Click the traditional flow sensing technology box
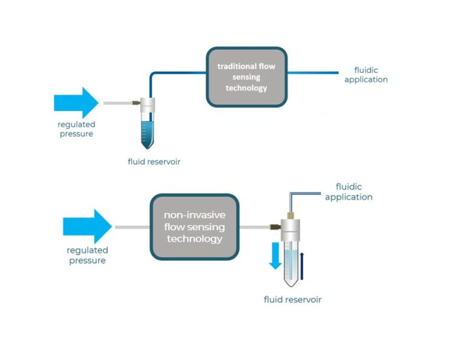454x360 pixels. [x=246, y=77]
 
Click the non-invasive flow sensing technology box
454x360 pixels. [x=194, y=227]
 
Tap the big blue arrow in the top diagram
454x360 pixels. [x=76, y=103]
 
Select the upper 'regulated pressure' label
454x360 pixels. [x=76, y=129]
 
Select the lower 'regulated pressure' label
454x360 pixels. [x=86, y=255]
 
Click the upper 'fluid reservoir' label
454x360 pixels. [x=154, y=161]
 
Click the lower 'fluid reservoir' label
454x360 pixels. [x=293, y=299]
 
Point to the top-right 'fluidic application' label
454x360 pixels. [x=366, y=75]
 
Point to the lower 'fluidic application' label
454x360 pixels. [x=348, y=192]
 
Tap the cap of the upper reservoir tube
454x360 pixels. [x=147, y=104]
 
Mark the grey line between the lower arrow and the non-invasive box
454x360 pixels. [x=131, y=227]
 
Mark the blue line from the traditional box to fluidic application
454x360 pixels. [x=312, y=72]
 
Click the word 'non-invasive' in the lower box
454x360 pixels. [x=194, y=216]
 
